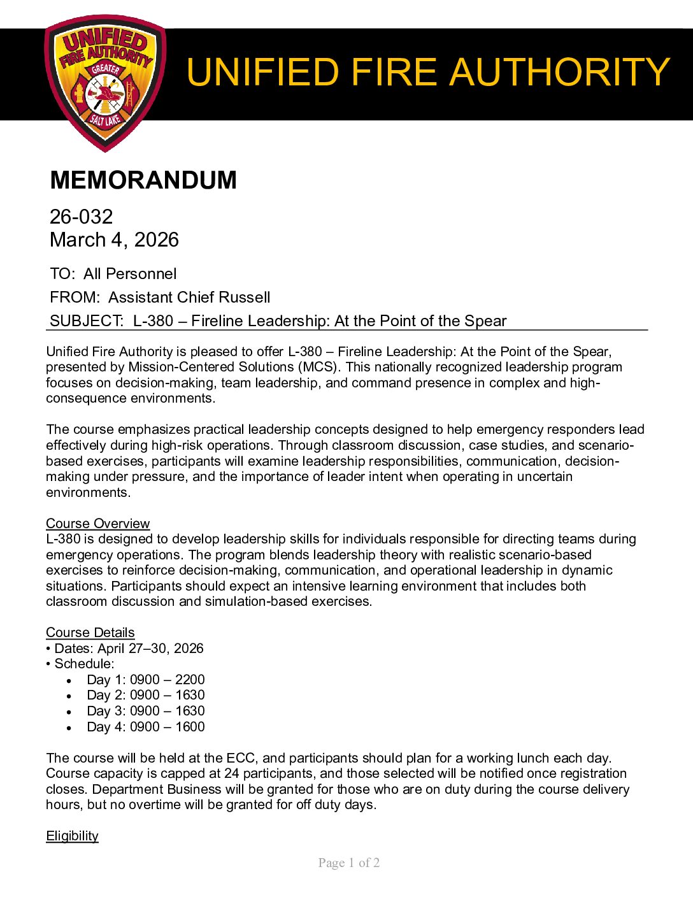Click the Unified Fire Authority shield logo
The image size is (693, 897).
(x=105, y=83)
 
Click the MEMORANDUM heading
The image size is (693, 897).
(x=143, y=180)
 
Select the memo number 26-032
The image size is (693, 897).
(x=81, y=217)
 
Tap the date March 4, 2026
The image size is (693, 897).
(x=114, y=240)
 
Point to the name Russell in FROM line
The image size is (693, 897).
(x=244, y=298)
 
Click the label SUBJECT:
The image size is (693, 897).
(x=87, y=321)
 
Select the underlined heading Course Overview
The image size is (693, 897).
(x=97, y=524)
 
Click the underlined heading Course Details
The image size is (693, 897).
(x=90, y=633)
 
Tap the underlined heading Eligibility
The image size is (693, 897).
(x=72, y=836)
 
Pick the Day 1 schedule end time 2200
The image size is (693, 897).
(x=190, y=680)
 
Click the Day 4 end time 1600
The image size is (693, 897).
(x=190, y=727)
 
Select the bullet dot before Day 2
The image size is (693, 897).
(x=69, y=696)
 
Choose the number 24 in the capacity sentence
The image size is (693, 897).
(x=232, y=773)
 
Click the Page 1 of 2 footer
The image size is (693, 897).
(x=349, y=863)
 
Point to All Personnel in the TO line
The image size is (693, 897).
(x=130, y=274)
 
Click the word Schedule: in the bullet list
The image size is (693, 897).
(x=84, y=664)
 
